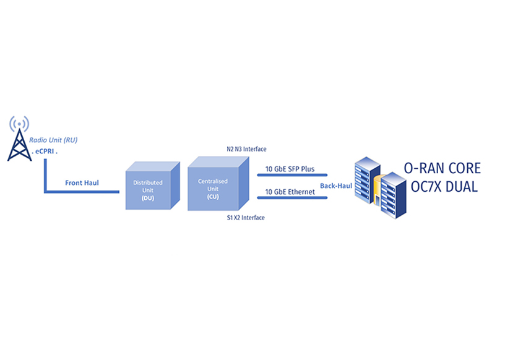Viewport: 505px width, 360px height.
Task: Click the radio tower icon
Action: point(19,144)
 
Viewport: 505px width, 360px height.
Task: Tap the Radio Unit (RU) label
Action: point(54,140)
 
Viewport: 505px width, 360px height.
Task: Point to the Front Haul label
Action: point(82,183)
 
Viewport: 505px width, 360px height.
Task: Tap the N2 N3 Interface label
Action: point(246,150)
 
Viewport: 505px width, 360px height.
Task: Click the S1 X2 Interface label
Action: point(246,218)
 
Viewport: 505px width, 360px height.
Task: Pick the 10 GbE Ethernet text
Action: point(290,192)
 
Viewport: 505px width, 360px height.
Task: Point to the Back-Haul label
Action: point(336,186)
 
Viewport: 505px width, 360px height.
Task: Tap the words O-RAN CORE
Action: point(441,169)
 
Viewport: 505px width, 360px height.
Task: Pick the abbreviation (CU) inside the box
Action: point(213,196)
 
